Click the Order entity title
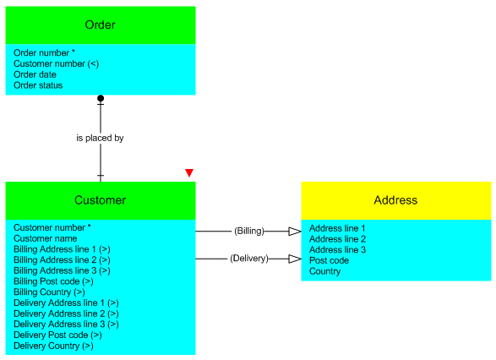pyautogui.click(x=100, y=25)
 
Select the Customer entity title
pyautogui.click(x=100, y=200)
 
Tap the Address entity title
pyautogui.click(x=395, y=200)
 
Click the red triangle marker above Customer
pyautogui.click(x=189, y=172)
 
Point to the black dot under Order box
pyautogui.click(x=101, y=98)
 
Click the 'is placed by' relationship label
pyautogui.click(x=100, y=138)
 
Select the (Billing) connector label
pyautogui.click(x=249, y=231)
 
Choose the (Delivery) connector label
pyautogui.click(x=249, y=259)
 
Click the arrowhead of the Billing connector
pyautogui.click(x=295, y=232)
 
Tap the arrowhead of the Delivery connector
pyautogui.click(x=295, y=259)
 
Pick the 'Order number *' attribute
pyautogui.click(x=44, y=53)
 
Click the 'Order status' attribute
pyautogui.click(x=38, y=85)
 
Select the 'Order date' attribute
pyautogui.click(x=35, y=74)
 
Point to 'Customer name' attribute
pyautogui.click(x=46, y=238)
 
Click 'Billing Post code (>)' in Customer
pyautogui.click(x=53, y=281)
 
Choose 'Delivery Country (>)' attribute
pyautogui.click(x=53, y=346)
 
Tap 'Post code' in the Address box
pyautogui.click(x=329, y=260)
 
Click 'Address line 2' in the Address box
pyautogui.click(x=337, y=239)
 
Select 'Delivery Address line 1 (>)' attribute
pyautogui.click(x=66, y=303)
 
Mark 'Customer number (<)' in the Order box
pyautogui.click(x=57, y=63)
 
